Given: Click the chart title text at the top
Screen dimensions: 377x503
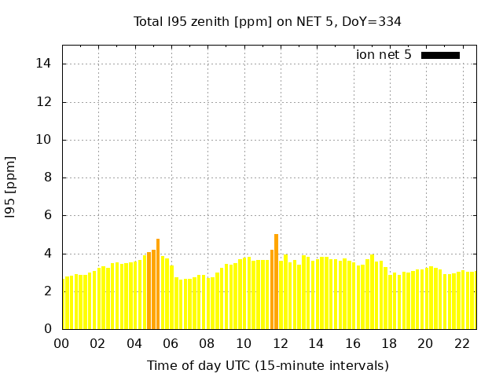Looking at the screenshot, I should [x=267, y=21].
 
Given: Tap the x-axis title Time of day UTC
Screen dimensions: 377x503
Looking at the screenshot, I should [x=267, y=365].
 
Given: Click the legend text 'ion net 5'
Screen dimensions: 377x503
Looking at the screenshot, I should [x=384, y=55].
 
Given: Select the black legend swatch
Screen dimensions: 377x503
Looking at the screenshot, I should [x=440, y=55].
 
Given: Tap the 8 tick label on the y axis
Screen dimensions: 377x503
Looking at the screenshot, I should [x=48, y=178].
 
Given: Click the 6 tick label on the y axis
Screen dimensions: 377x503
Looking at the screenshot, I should [x=48, y=215].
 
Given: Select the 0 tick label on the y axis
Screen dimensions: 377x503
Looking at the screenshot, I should [x=48, y=329].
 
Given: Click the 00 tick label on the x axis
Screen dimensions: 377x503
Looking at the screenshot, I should [x=61, y=344].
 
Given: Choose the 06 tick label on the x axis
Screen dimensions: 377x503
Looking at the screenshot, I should [x=171, y=344].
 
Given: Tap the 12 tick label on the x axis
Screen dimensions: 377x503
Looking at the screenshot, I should [x=280, y=344].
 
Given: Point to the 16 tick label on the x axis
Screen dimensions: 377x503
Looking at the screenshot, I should [x=352, y=344].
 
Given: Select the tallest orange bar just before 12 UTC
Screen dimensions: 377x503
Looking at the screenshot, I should [x=276, y=281].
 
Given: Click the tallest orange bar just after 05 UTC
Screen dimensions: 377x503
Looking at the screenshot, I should [x=158, y=284].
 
